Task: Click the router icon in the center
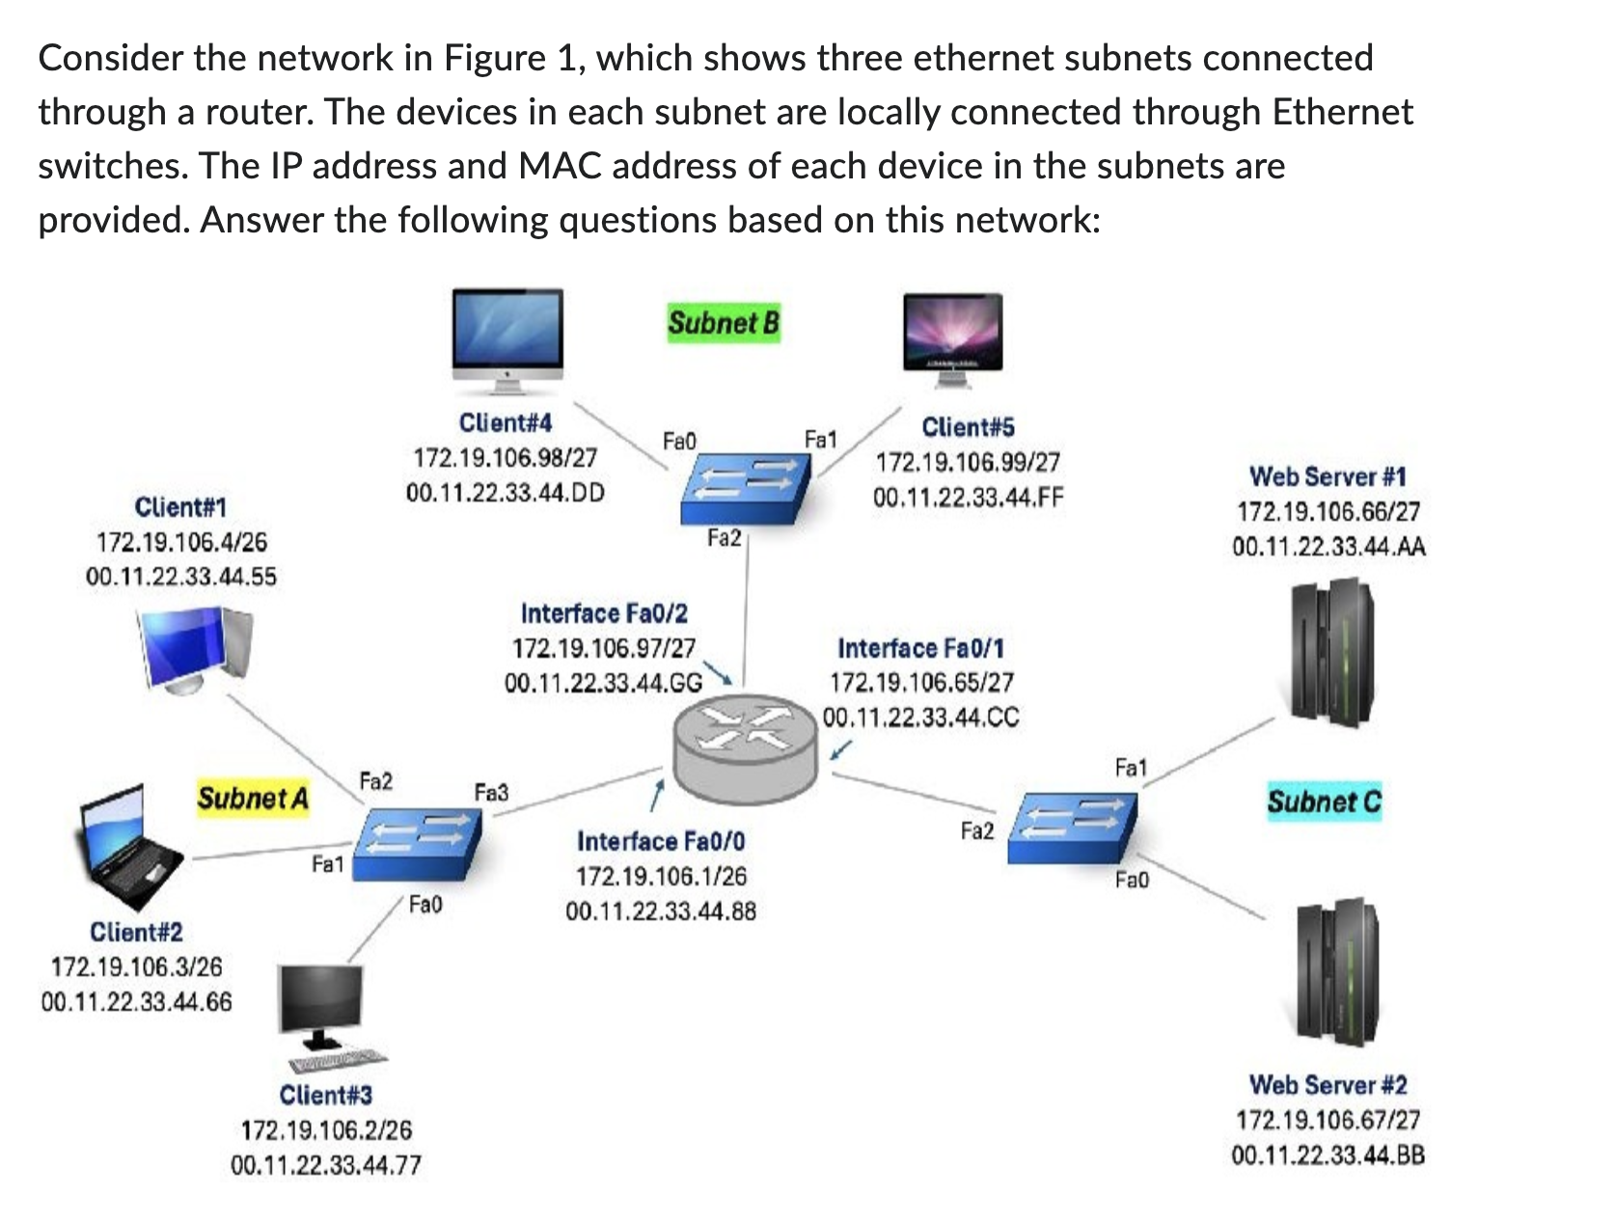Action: pos(745,742)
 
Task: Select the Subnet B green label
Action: pos(723,323)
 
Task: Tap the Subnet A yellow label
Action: pos(253,799)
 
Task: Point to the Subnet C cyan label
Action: pos(1324,802)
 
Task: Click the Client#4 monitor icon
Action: pos(508,339)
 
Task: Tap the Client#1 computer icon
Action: pos(197,649)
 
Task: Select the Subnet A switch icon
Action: pos(418,842)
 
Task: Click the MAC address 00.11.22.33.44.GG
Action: pos(603,684)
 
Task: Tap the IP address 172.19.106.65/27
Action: pos(921,683)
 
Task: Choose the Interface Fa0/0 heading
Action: pos(661,842)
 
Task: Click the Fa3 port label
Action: pos(491,793)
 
